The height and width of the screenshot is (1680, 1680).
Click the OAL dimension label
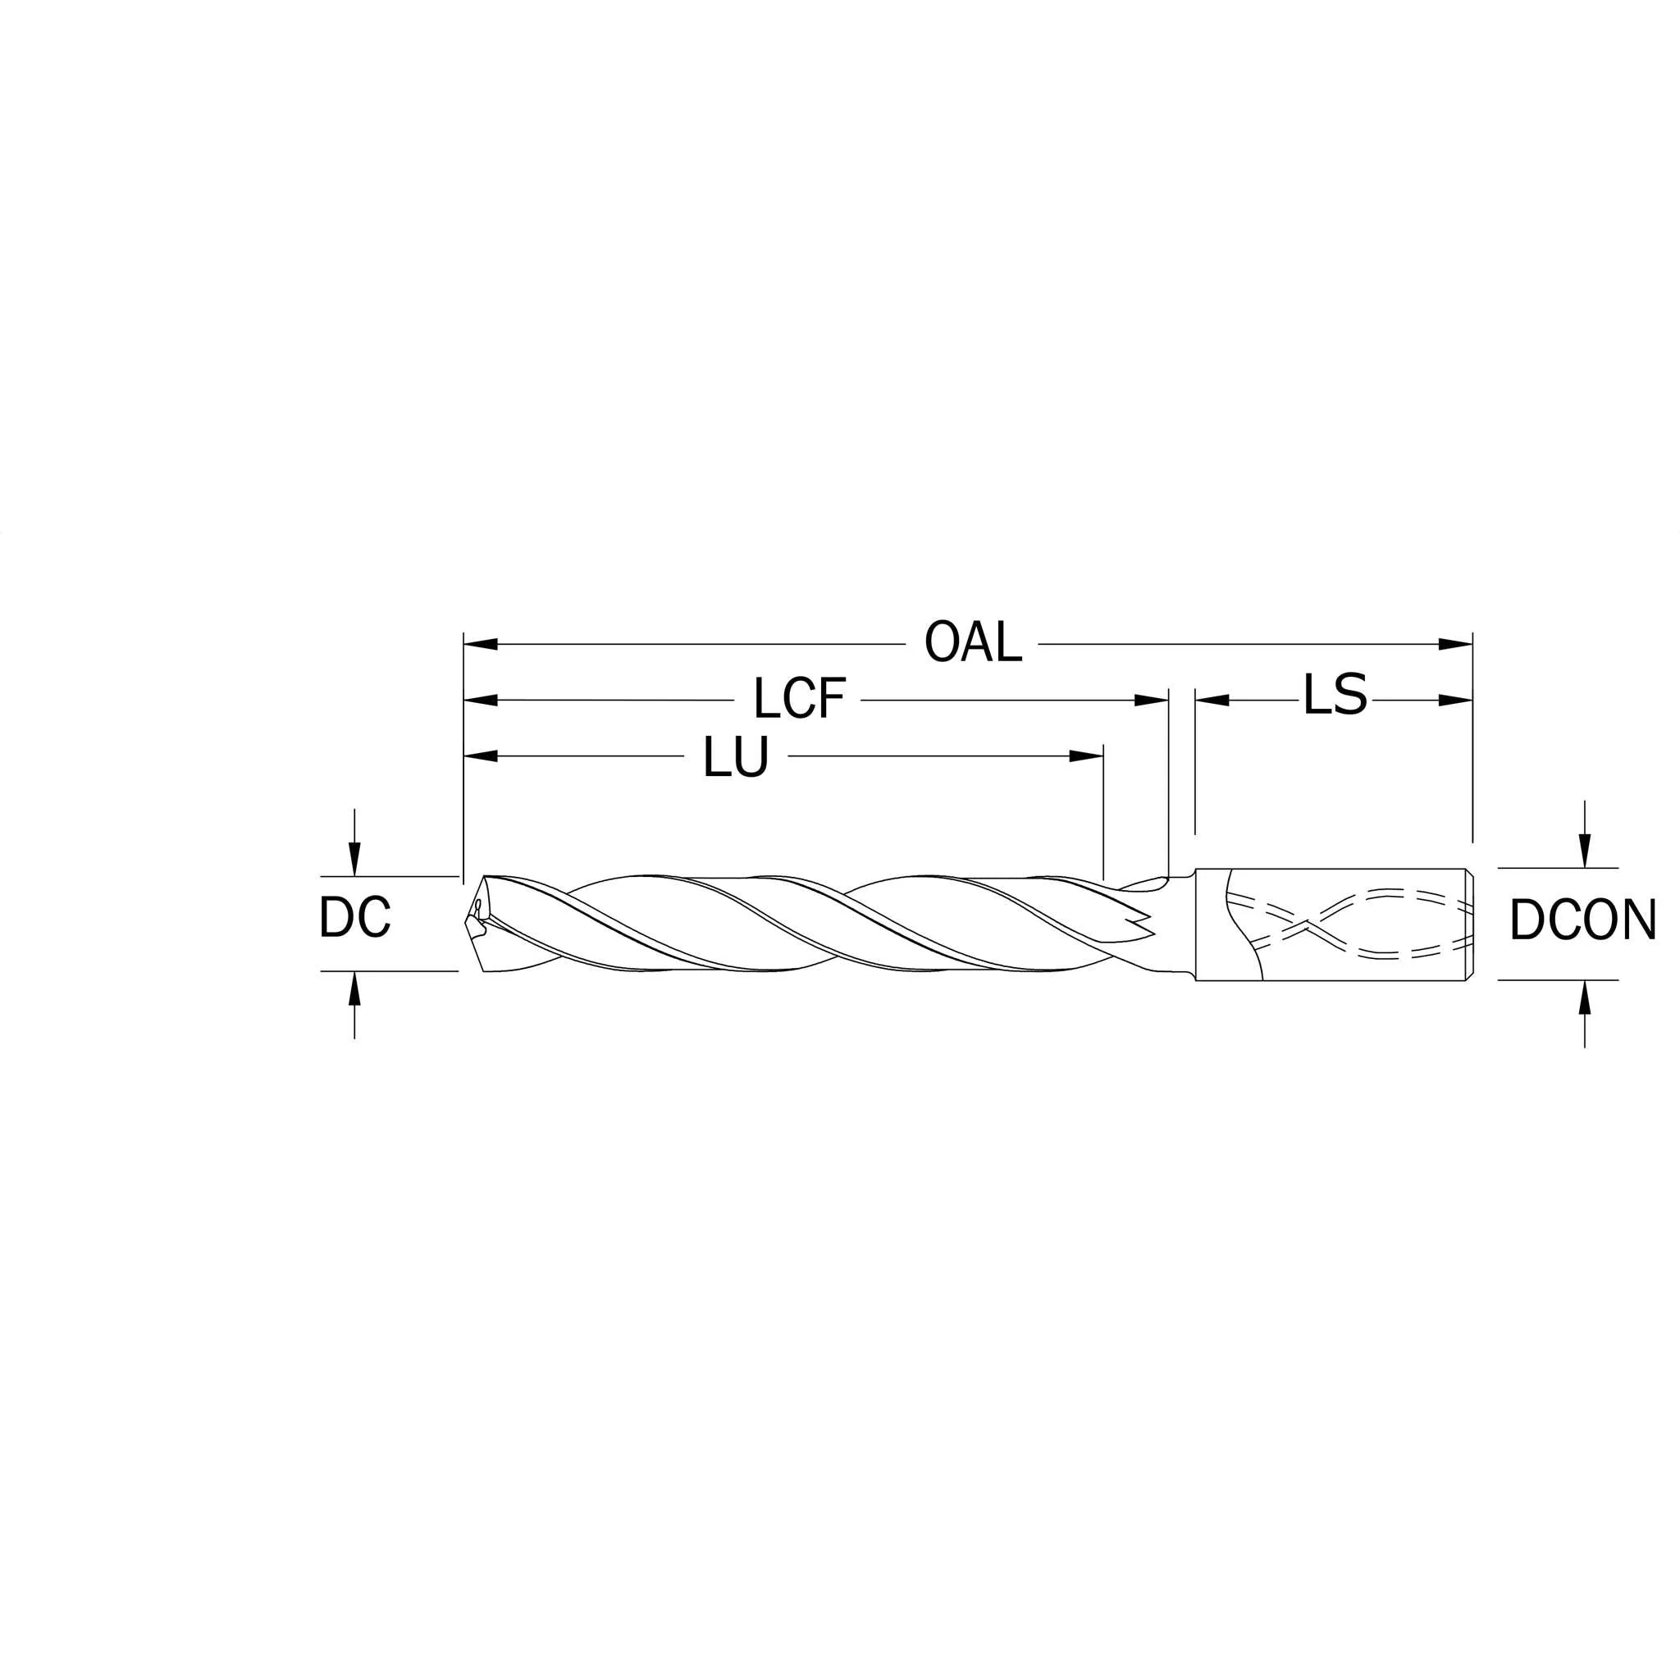click(973, 642)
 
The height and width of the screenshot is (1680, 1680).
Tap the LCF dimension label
click(799, 699)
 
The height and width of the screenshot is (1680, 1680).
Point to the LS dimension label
click(1335, 695)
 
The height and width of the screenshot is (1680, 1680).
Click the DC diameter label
click(354, 917)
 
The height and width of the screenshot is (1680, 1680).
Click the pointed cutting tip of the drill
click(462, 923)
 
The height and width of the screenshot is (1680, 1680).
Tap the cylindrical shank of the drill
click(1333, 924)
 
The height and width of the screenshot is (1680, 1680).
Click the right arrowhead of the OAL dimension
click(1456, 644)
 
